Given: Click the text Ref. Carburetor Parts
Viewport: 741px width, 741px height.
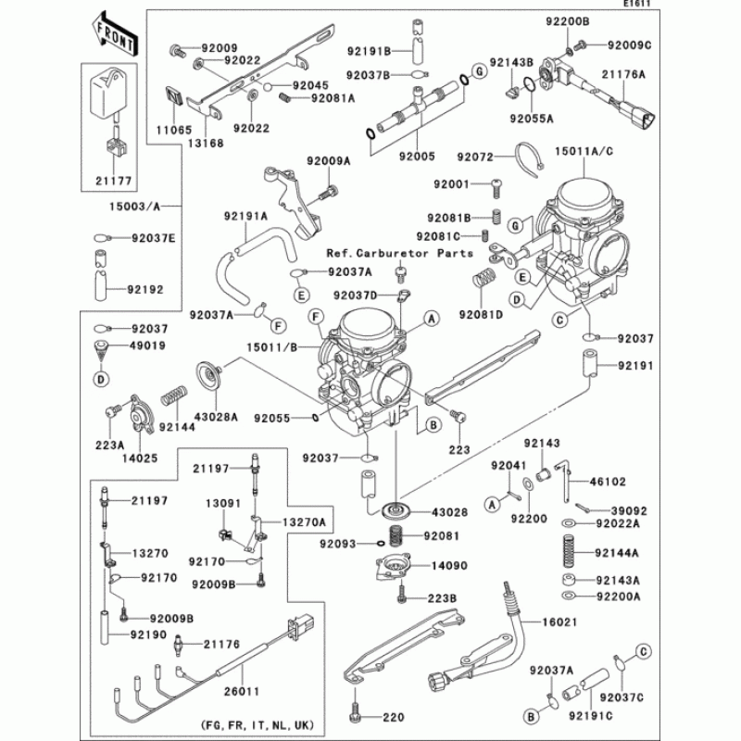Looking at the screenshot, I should (x=399, y=253).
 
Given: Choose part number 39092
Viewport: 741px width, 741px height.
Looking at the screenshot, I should (x=628, y=509).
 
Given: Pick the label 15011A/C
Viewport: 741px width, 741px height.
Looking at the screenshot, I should (x=586, y=148).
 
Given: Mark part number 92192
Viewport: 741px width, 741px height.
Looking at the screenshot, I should (x=146, y=289).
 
